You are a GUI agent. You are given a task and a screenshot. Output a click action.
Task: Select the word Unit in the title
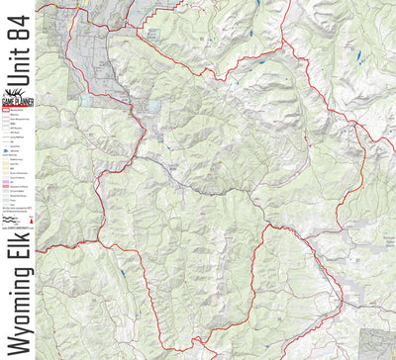point(18,57)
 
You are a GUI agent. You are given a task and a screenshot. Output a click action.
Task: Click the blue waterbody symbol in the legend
point(7,149)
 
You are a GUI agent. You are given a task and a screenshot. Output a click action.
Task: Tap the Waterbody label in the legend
point(15,149)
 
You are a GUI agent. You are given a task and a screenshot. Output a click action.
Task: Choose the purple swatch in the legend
point(7,184)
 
